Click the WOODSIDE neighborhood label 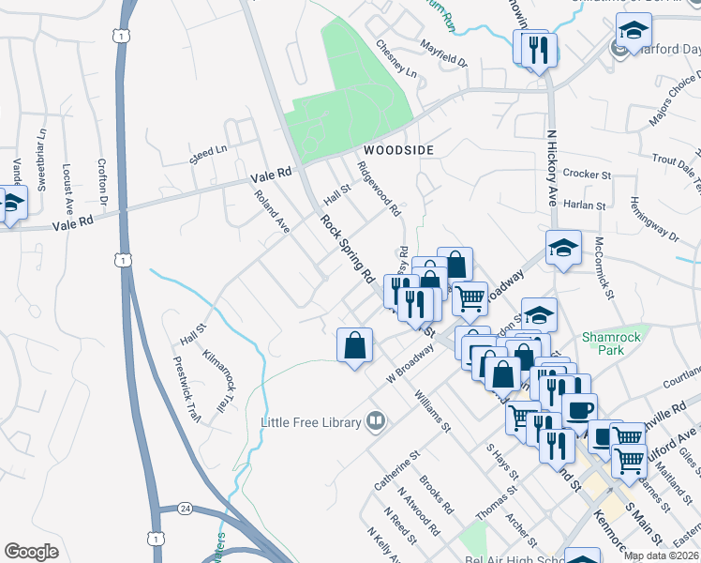click(399, 150)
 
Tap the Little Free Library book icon click(376, 421)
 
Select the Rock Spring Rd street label click(348, 250)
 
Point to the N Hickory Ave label click(553, 168)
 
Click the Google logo click(31, 552)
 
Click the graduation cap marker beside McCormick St click(563, 248)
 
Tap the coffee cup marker click(579, 410)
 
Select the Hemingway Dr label click(655, 220)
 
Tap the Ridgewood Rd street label click(380, 188)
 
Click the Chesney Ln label click(397, 58)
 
